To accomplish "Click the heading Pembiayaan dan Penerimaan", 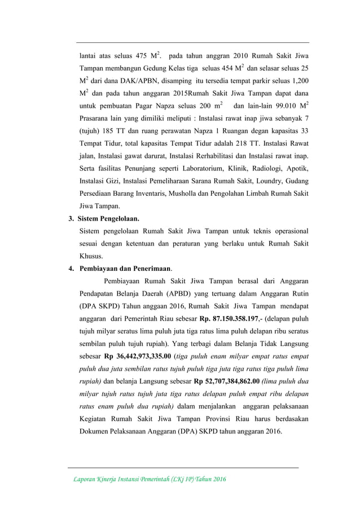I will tap(125, 268).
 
